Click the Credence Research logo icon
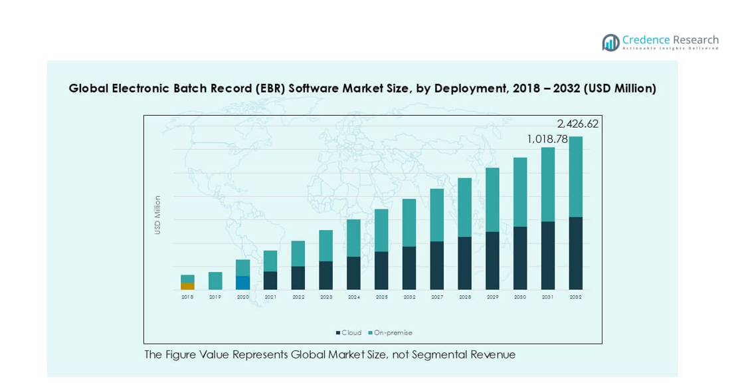coord(610,43)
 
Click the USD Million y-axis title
coord(157,215)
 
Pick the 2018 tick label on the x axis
coord(187,297)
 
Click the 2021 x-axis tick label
coord(270,297)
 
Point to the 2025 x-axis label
coord(381,297)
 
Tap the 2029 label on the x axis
coord(492,297)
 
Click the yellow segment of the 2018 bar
coord(187,286)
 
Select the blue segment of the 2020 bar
coord(243,283)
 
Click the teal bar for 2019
coord(215,281)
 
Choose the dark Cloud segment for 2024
coord(354,273)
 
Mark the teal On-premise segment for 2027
coord(437,215)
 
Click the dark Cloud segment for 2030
coord(520,258)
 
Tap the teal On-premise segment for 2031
coord(548,184)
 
